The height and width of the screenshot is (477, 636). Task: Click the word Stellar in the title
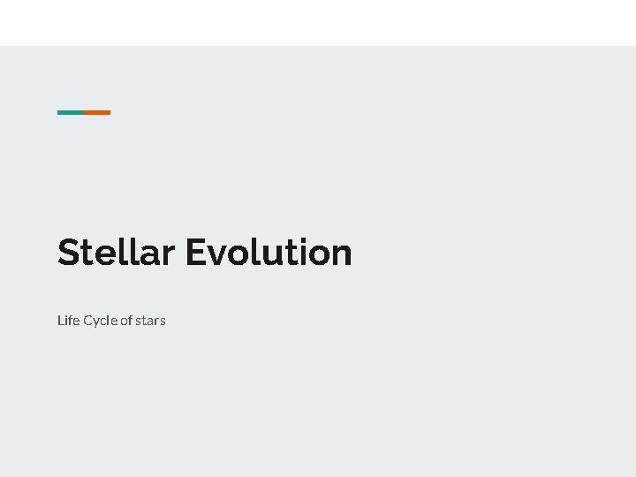116,253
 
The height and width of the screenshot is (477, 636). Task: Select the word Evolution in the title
269,253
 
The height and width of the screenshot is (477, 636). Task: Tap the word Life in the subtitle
68,320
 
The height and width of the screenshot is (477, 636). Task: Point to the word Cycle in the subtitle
100,320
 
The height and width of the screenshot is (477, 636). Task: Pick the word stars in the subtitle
150,320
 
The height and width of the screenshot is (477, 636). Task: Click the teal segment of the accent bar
71,112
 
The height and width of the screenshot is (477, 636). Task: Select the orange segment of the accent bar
97,112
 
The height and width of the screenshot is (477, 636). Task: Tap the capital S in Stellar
69,253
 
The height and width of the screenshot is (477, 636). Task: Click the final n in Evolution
342,255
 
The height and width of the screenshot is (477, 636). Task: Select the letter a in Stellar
148,255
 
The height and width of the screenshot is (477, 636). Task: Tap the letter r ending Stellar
168,255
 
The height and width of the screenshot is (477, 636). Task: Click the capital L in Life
61,320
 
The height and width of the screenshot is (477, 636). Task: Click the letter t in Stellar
87,254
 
